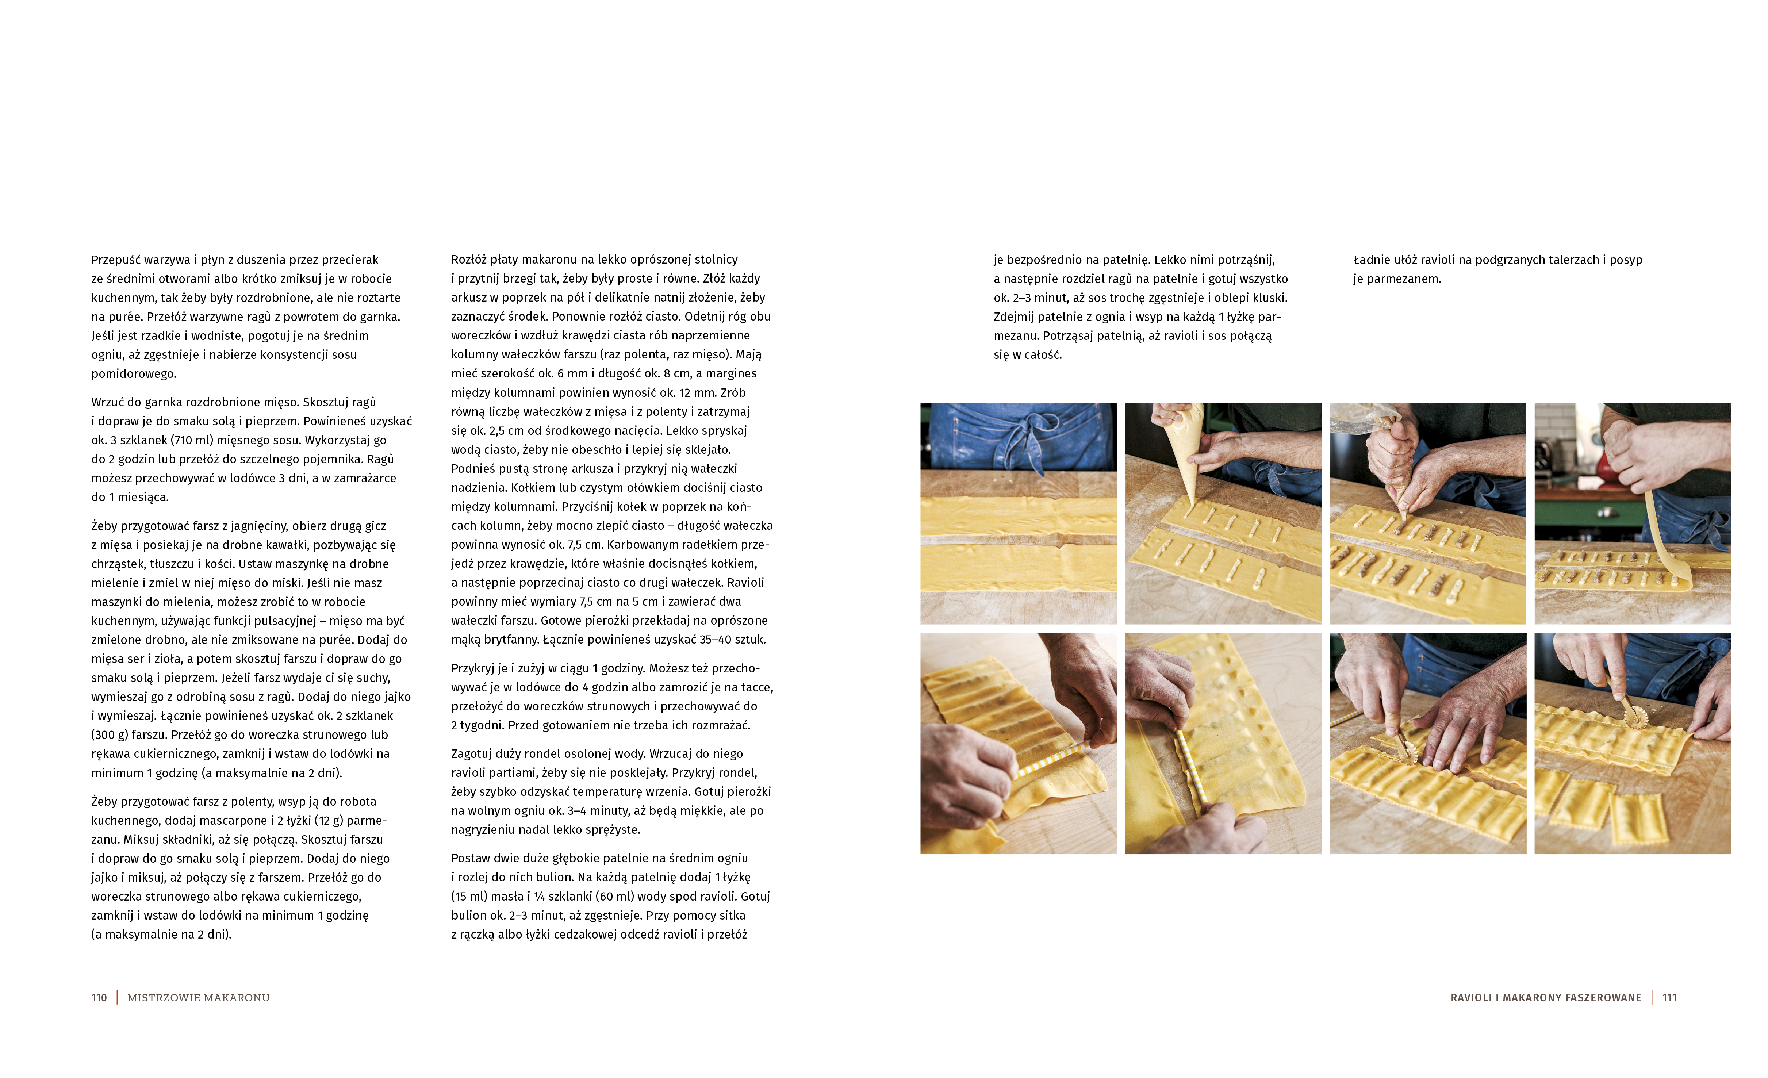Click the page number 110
[x=99, y=998]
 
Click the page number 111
[x=1670, y=998]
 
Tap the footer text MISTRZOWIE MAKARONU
[x=198, y=998]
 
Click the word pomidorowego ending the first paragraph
[x=134, y=374]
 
